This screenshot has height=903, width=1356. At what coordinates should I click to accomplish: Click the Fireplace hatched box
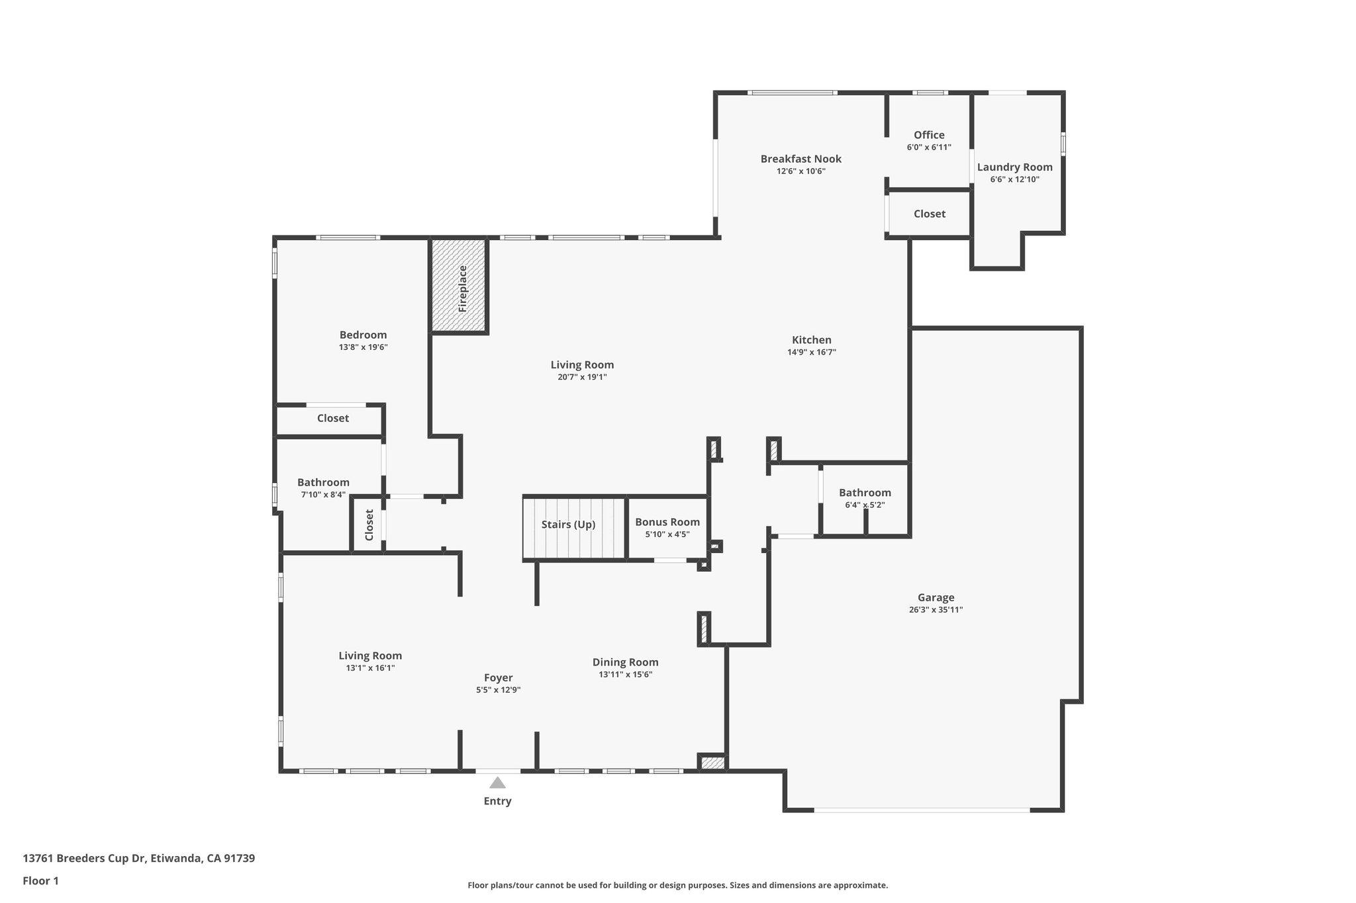pos(460,286)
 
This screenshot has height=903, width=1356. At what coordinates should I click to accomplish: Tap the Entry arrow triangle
pos(497,783)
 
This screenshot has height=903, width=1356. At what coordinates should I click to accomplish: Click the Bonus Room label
pos(667,522)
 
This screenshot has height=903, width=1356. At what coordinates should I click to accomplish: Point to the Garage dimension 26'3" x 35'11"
pos(936,610)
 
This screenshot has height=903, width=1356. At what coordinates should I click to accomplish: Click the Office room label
pos(929,135)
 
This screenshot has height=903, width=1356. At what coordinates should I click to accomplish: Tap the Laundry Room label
pos(1014,167)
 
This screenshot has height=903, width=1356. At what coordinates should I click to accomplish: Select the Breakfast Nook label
pos(800,159)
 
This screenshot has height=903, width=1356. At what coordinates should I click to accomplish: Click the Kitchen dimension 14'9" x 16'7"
pos(811,353)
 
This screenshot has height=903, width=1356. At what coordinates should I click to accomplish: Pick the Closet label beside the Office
pos(929,214)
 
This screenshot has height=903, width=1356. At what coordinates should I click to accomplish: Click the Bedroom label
pos(363,335)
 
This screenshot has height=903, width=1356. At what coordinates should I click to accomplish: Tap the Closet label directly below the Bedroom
pos(332,418)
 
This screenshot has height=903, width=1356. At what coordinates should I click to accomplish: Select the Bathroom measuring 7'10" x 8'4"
pos(323,482)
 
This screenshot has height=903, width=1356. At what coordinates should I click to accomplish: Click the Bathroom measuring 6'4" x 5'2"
pos(865,493)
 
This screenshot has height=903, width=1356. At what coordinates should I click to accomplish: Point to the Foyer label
pos(498,677)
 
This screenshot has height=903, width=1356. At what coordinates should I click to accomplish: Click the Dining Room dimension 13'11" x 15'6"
pos(625,675)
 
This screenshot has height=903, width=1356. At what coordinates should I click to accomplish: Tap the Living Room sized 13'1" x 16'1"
pos(370,656)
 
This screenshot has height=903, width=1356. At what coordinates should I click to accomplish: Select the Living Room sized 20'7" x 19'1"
pos(582,365)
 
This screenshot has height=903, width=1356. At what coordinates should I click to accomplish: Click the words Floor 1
pos(40,881)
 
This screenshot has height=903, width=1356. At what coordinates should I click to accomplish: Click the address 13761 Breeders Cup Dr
pos(83,858)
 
